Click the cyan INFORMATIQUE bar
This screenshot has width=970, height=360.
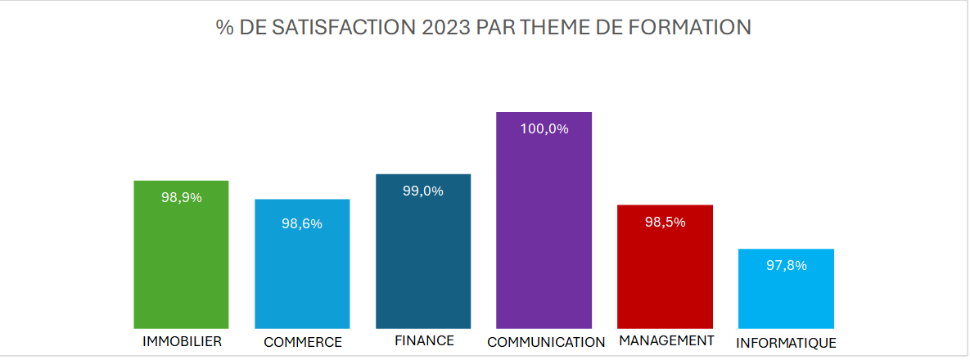[x=786, y=295]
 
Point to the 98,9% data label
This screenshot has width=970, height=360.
[x=181, y=197]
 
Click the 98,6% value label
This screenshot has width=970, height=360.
[x=302, y=223]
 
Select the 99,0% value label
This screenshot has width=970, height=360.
[x=423, y=191]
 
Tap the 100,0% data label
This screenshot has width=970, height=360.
[x=544, y=128]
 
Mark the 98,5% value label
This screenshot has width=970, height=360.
[x=665, y=222]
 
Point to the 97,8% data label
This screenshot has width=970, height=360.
[x=786, y=265]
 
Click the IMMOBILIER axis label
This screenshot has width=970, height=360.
[x=182, y=340]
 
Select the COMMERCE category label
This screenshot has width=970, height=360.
[x=302, y=342]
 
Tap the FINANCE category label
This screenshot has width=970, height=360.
[x=423, y=340]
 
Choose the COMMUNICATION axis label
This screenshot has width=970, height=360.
[x=545, y=342]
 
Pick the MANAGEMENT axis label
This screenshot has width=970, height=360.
[x=666, y=340]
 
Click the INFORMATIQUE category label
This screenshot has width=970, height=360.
[x=786, y=343]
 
